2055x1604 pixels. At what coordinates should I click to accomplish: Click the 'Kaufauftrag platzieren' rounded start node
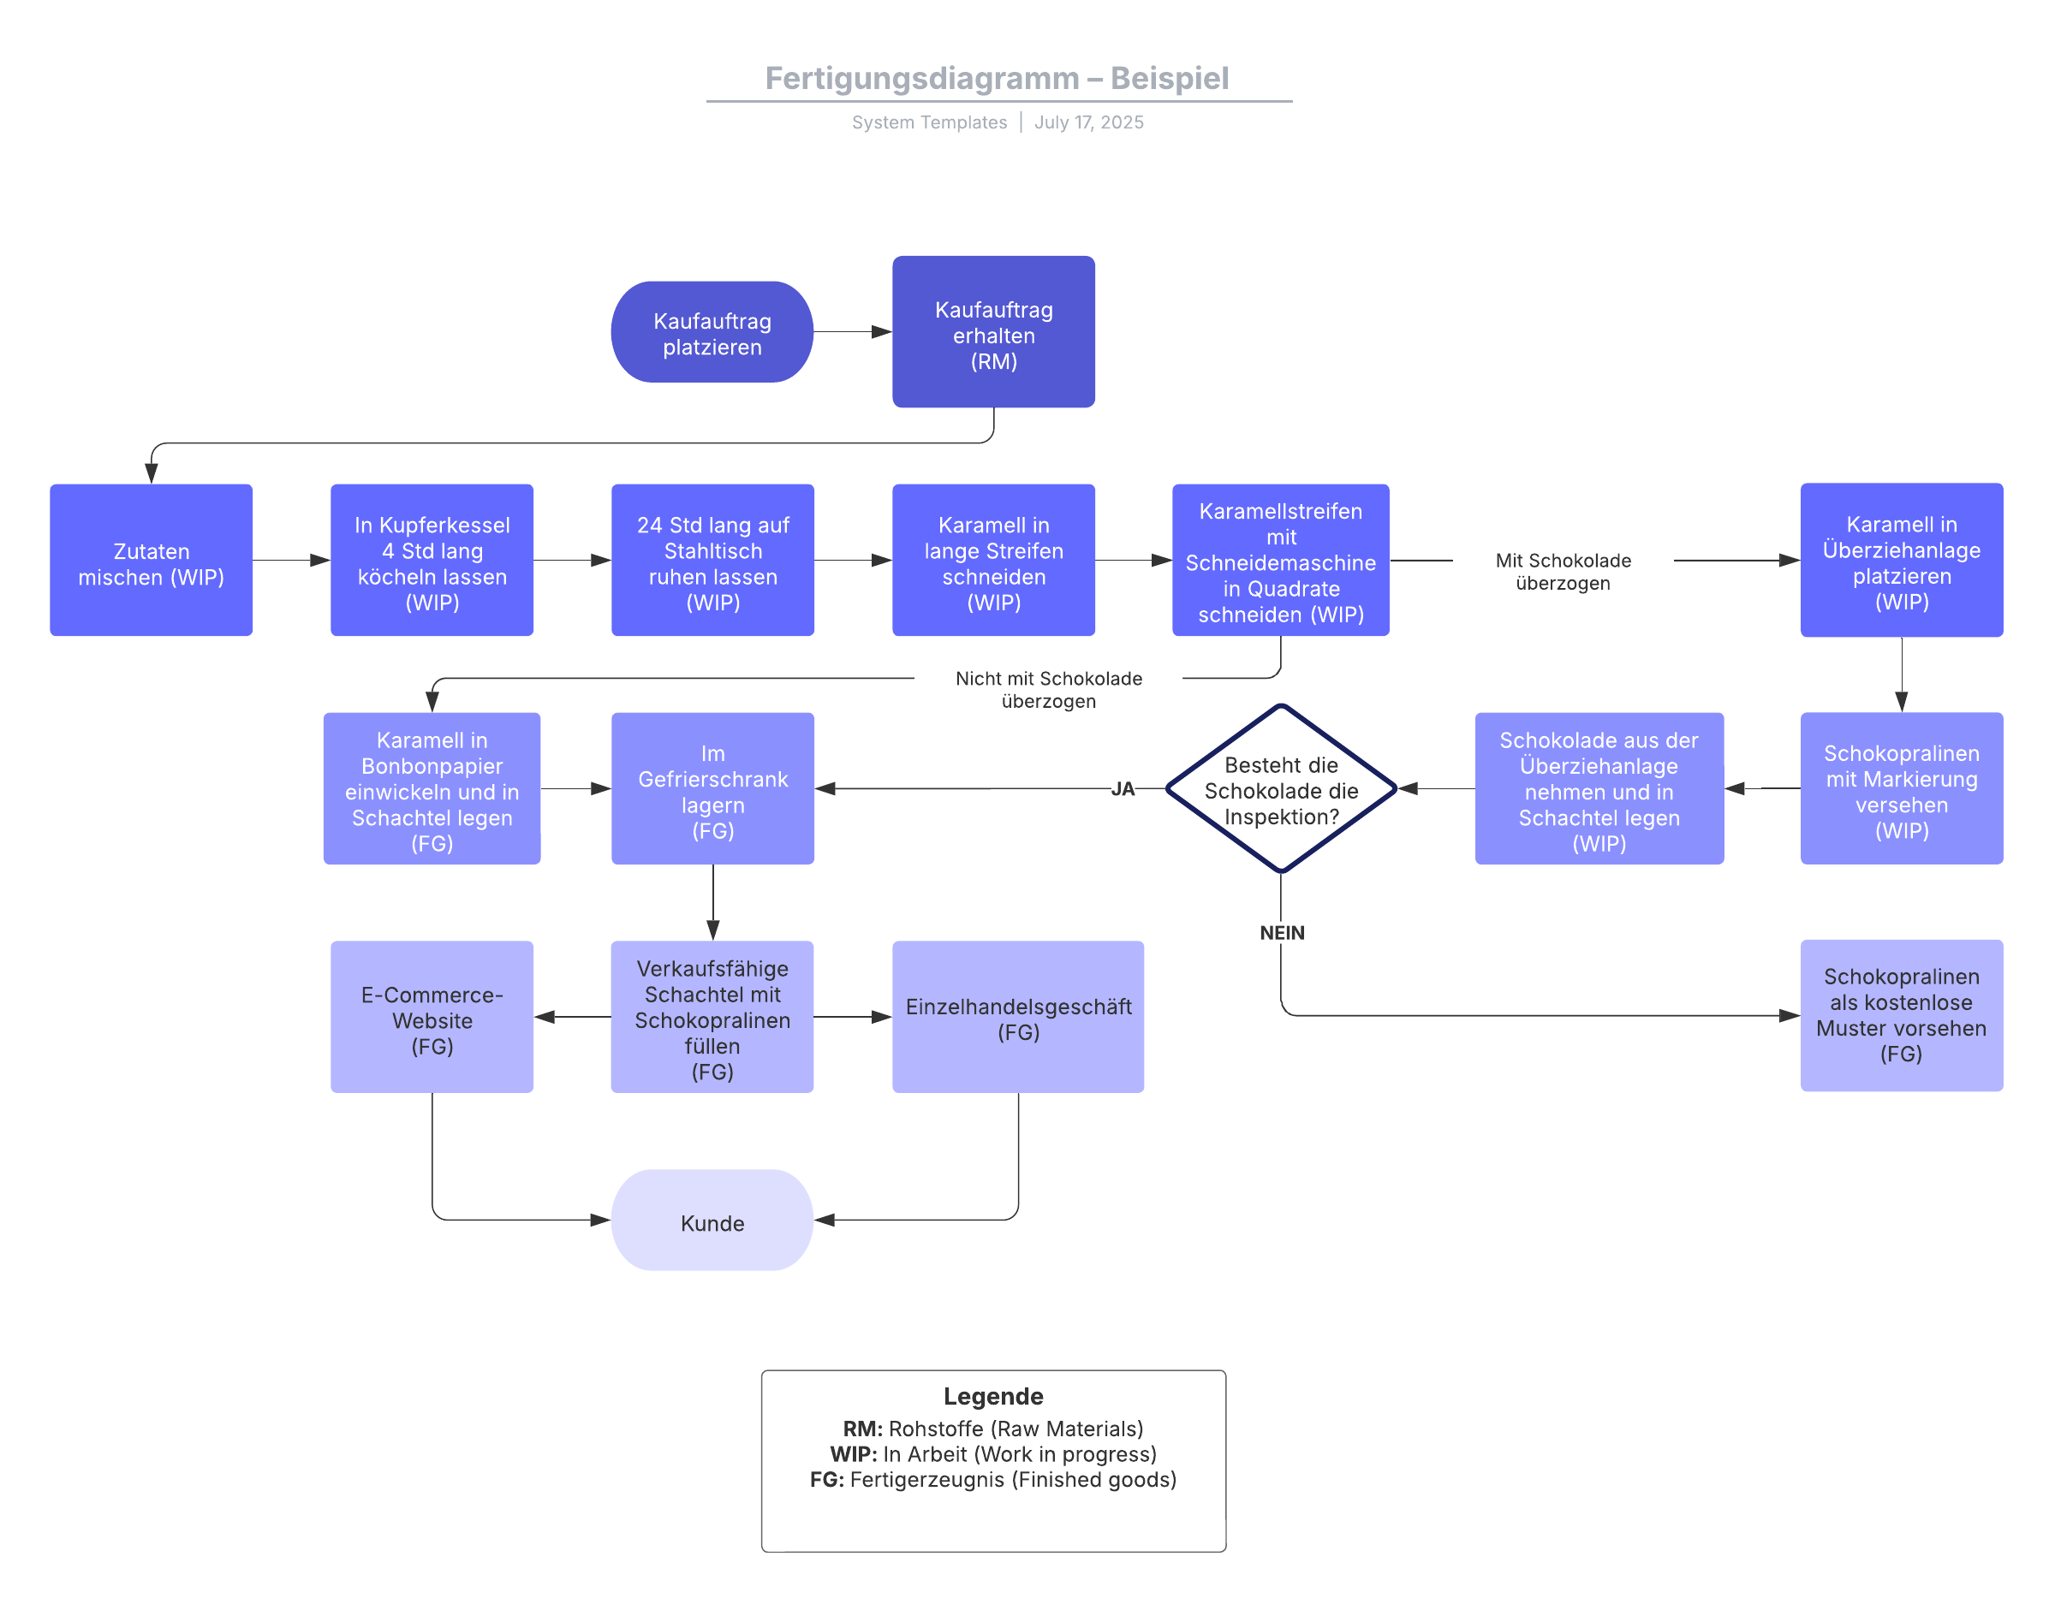[712, 332]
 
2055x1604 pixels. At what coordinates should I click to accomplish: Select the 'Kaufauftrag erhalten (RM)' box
[992, 332]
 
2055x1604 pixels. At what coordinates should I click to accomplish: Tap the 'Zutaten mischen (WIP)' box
[151, 561]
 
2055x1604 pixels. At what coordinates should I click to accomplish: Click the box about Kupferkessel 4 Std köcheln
[432, 561]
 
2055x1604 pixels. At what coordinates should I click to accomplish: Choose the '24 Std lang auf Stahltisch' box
[712, 561]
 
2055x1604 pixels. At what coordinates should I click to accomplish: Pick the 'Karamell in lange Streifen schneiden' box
[992, 561]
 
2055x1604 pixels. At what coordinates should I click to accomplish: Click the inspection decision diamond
[1281, 789]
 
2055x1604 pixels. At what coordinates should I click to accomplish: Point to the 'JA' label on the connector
[1122, 789]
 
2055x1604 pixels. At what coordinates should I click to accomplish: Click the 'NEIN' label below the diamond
[1282, 933]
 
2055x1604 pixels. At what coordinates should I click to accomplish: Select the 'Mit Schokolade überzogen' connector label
[1563, 572]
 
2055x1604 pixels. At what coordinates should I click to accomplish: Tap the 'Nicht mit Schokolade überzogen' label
[1048, 690]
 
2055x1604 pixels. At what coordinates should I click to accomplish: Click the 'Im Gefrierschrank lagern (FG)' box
[712, 789]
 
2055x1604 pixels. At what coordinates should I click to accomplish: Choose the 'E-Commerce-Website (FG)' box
[432, 1017]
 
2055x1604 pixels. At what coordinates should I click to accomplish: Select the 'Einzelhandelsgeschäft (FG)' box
[1018, 1017]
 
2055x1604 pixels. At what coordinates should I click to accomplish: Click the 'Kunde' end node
[712, 1221]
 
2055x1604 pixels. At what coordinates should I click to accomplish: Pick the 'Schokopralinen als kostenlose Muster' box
[1901, 1016]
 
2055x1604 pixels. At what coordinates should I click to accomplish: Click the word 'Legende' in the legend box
[992, 1396]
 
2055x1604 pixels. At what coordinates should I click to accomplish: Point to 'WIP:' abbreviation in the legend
[854, 1454]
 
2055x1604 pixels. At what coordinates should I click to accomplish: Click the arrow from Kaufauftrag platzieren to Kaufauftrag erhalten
[852, 332]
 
